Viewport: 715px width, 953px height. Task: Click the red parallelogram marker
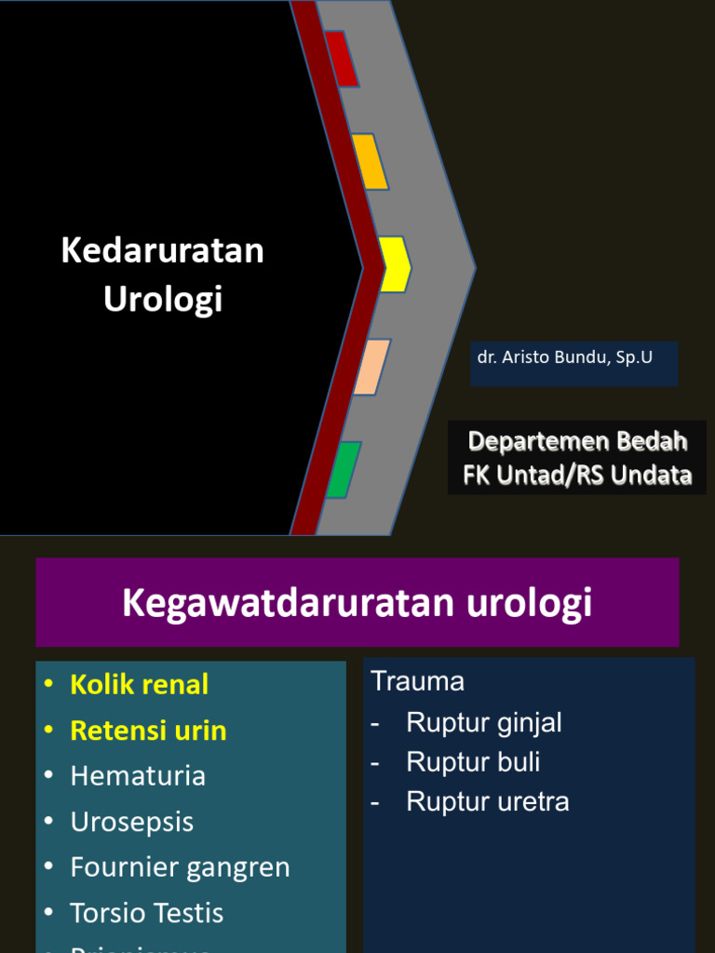point(341,59)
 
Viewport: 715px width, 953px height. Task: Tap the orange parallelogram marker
point(370,162)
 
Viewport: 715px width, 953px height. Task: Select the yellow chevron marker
point(394,264)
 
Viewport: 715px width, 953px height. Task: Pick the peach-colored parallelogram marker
point(371,367)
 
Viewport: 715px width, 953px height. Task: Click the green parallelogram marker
point(344,469)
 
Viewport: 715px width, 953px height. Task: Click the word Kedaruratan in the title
point(163,250)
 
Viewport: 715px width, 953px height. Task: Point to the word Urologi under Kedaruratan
point(163,300)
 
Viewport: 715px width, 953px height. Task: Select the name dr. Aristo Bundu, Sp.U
point(565,357)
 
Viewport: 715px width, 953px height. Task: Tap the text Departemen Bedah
point(577,440)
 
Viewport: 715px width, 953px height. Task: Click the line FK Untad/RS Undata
point(577,476)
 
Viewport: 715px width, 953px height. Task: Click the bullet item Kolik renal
point(139,685)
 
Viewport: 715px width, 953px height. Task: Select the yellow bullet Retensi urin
point(148,731)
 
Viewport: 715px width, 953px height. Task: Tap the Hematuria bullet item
point(138,776)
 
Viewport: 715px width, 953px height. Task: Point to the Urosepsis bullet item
point(132,822)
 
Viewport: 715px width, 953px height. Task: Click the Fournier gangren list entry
point(180,867)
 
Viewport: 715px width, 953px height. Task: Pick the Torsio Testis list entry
point(147,913)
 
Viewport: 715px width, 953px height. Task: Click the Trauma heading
point(418,681)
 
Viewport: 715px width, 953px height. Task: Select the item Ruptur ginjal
point(484,722)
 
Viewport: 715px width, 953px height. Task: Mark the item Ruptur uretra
point(488,802)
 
